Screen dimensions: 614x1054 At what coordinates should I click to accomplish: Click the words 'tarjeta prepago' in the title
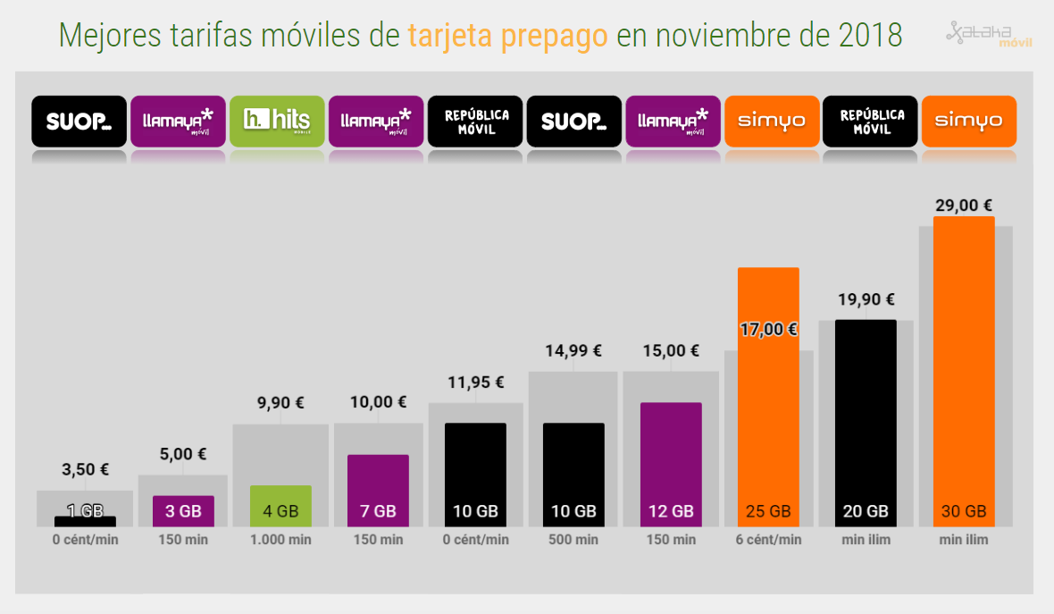point(507,36)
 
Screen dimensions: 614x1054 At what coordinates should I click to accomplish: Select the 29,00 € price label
point(963,206)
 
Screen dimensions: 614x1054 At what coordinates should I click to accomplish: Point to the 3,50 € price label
point(85,469)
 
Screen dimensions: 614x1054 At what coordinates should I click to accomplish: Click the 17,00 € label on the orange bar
point(768,329)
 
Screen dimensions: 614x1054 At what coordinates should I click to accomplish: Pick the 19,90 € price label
point(866,300)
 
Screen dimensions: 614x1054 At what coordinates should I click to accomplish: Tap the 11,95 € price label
point(475,383)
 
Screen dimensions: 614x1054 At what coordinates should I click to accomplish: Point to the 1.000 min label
point(280,540)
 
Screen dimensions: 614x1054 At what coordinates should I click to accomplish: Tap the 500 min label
point(573,540)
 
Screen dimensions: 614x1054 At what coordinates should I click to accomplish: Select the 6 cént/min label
point(768,540)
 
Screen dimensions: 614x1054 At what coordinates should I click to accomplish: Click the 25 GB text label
point(768,512)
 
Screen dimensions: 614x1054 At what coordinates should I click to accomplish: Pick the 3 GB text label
point(183,512)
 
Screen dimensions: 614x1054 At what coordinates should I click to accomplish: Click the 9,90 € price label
point(280,404)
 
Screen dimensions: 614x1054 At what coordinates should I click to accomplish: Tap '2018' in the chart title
point(870,36)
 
